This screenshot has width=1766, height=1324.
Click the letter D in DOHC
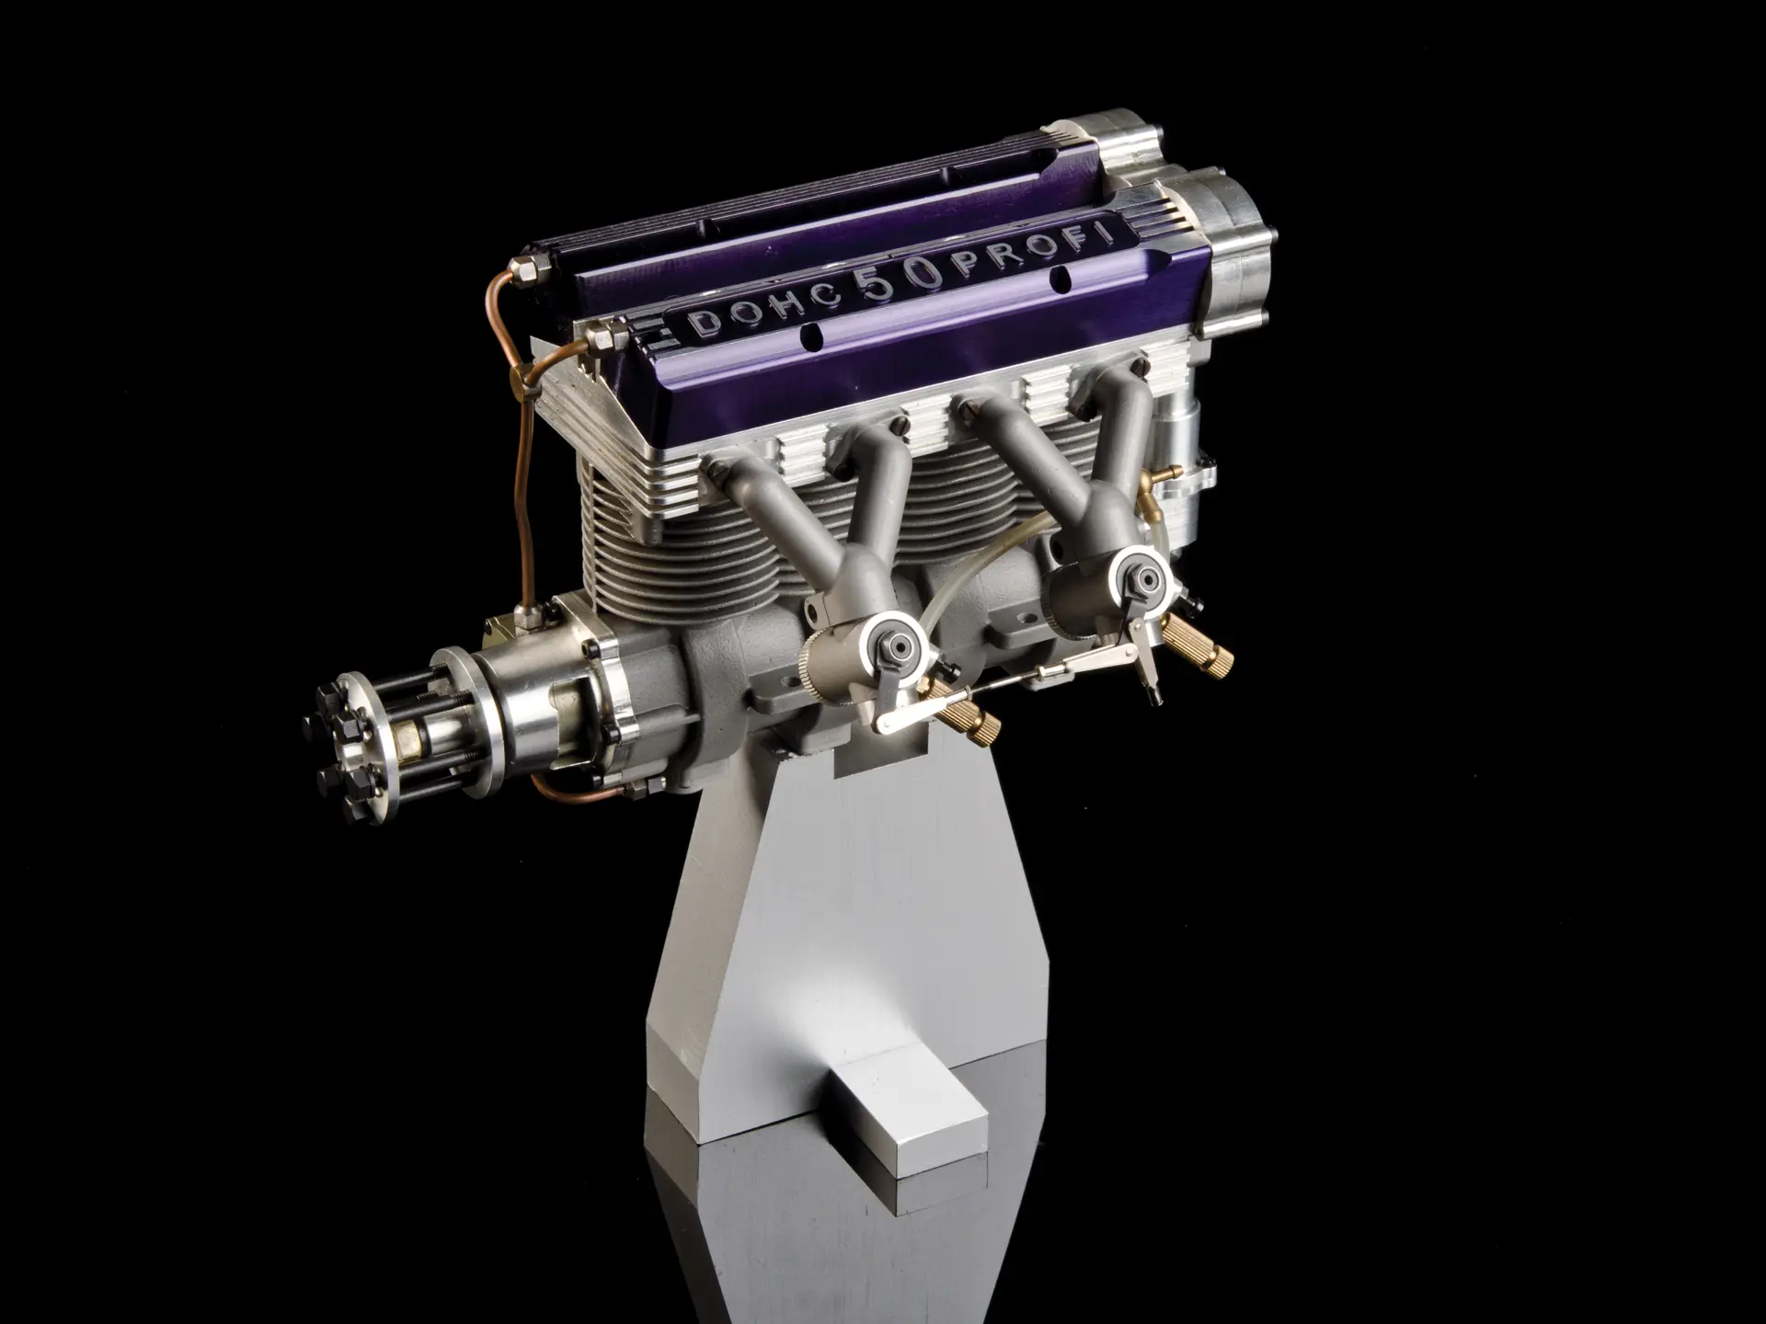(705, 322)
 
